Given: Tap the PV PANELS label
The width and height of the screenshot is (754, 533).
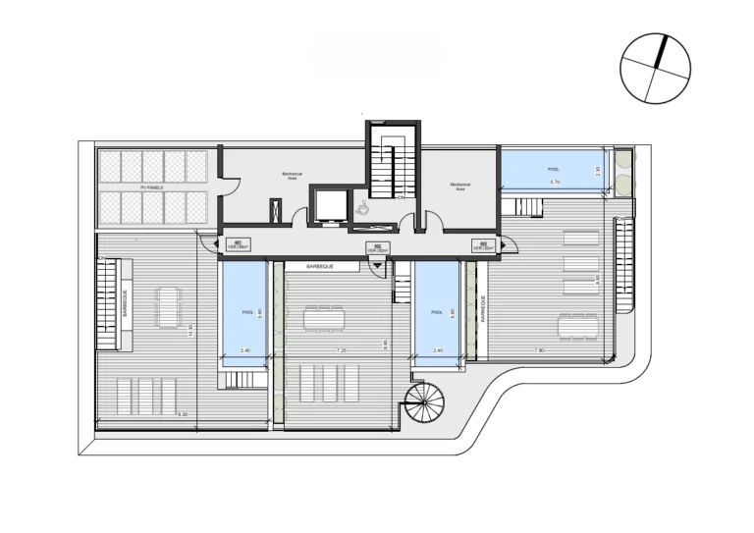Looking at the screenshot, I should tap(152, 186).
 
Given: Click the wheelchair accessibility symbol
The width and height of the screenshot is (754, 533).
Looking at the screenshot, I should tap(361, 207).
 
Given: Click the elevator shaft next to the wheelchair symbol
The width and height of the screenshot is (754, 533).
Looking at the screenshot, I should tap(327, 204).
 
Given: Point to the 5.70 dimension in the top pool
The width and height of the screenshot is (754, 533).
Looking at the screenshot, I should tap(554, 183).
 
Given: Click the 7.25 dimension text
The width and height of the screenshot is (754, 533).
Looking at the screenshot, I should tap(340, 349).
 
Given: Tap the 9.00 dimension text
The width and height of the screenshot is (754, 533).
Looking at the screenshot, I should tap(184, 414).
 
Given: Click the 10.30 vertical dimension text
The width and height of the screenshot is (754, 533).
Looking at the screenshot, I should tap(189, 331).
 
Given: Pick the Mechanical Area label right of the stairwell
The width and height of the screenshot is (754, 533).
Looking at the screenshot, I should tap(459, 186).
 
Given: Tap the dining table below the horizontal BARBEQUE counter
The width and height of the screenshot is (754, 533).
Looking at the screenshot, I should tap(325, 319).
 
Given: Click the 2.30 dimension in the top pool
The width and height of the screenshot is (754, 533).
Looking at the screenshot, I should tap(598, 169).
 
